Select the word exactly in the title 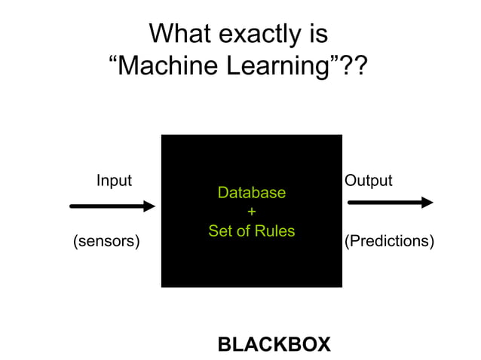tap(259, 35)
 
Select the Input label tap(114, 181)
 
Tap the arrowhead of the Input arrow tap(149, 206)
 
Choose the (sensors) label tap(106, 242)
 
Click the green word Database tap(252, 193)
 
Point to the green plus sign tap(252, 212)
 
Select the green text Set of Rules tap(252, 231)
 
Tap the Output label tap(368, 181)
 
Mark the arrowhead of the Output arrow tap(427, 202)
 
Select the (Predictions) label tap(389, 242)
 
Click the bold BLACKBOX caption tap(274, 345)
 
